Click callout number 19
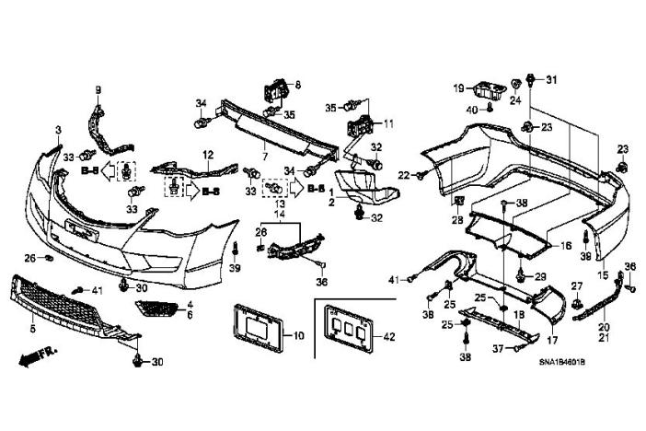[x=457, y=87]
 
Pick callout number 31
[x=552, y=81]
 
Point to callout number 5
[x=32, y=327]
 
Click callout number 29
[x=541, y=276]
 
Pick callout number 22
[x=402, y=175]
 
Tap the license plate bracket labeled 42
[x=345, y=330]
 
